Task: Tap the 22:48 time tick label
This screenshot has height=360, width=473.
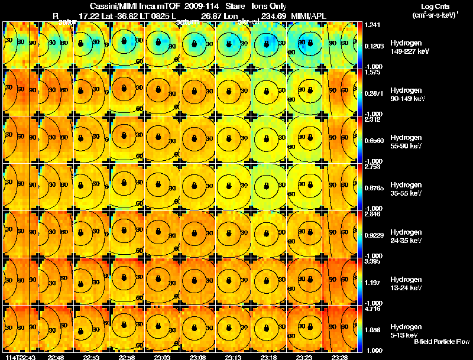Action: coord(56,356)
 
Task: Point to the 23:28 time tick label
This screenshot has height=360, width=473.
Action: coord(339,356)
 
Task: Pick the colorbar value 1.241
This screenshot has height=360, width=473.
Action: coord(372,25)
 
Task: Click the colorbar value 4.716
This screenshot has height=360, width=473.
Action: coord(372,309)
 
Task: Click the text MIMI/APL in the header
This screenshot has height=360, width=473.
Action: coord(306,16)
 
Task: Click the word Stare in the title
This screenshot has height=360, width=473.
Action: coord(235,7)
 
